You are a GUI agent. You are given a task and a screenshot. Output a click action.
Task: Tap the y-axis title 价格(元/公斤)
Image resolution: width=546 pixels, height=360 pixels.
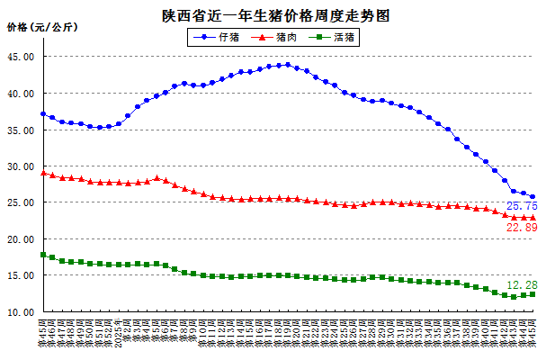pos(41,28)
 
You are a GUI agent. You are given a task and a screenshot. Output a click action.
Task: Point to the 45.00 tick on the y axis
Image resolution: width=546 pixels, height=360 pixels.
pos(21,57)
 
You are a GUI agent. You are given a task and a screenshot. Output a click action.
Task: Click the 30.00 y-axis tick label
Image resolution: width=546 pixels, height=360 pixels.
pos(21,166)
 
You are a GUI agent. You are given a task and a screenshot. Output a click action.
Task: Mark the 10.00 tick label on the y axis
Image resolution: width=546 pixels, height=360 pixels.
pos(21,313)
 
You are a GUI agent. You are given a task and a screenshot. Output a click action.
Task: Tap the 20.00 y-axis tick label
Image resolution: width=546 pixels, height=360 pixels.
pos(21,240)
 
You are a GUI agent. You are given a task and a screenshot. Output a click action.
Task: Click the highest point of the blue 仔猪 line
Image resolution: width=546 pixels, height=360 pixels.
pos(287,65)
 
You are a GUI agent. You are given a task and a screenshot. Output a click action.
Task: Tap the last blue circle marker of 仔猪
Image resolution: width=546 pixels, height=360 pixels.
pos(533,197)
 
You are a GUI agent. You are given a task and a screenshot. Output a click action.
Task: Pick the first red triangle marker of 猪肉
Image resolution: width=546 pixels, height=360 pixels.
pos(43,172)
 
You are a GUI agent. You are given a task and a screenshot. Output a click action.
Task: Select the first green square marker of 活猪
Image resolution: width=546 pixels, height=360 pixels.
pos(43,255)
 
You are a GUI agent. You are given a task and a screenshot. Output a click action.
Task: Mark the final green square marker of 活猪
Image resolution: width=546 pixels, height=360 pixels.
pos(533,294)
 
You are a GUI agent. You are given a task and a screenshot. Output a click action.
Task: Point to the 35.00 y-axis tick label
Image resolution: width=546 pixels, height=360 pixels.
pos(21,130)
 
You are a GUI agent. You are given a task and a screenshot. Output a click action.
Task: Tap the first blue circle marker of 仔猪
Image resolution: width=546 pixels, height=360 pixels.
pos(43,114)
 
